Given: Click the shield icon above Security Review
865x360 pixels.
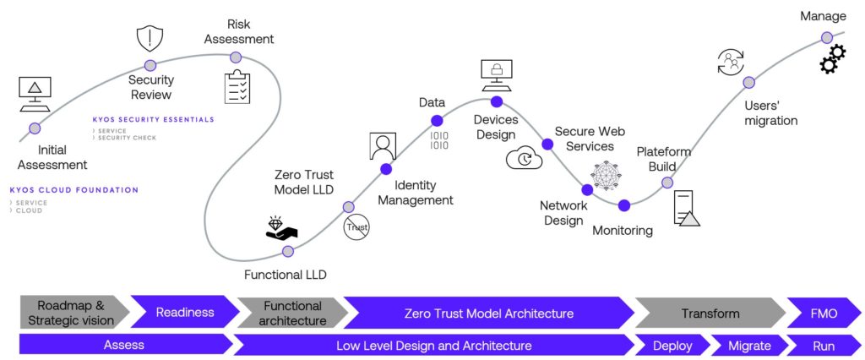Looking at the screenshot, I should tap(150, 39).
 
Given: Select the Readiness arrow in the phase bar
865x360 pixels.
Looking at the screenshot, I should tap(184, 313).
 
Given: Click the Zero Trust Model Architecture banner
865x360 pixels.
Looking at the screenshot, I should tap(488, 313).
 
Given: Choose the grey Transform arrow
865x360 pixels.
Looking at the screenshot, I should tap(710, 313).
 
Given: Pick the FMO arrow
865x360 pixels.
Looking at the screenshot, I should tap(823, 313).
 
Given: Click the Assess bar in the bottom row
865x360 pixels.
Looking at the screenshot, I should tap(123, 345).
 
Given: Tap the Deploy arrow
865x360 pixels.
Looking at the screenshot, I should tap(673, 345).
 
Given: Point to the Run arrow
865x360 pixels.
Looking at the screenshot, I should tap(823, 345).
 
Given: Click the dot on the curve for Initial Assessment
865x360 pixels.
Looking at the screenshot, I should tap(35, 128).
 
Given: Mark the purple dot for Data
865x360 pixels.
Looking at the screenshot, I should tap(437, 121).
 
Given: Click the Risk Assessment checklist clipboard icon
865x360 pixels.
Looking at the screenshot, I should tap(237, 87).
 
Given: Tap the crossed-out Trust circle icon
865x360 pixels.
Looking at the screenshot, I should tap(356, 226).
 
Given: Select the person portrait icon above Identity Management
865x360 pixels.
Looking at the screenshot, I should tap(383, 146).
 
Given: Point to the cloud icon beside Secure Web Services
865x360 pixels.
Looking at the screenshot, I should tap(524, 158).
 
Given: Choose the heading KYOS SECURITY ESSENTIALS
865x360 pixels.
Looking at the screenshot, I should tap(154, 119).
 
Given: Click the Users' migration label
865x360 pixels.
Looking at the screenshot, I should tap(770, 113).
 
